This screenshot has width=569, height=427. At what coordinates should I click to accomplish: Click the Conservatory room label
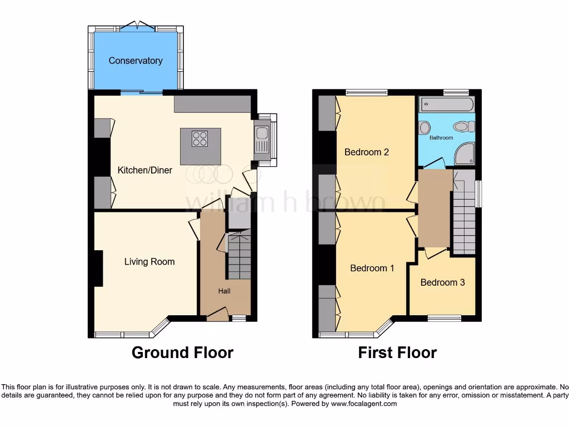coord(136,61)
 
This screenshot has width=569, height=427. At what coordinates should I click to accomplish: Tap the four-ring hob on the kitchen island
coord(200,138)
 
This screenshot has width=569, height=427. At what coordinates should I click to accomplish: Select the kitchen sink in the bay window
coord(261,139)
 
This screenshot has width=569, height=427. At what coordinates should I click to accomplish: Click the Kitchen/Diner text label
coord(144,170)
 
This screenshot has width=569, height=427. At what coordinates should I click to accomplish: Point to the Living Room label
coord(149,261)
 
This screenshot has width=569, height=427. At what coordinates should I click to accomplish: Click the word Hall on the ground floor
coord(224,291)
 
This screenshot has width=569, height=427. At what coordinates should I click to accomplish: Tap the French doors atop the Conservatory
coord(137,26)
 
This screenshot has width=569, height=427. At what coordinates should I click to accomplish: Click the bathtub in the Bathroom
coord(447,103)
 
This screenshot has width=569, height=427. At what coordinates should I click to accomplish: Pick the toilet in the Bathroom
coord(425,127)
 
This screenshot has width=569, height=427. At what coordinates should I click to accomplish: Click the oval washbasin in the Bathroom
coord(462,126)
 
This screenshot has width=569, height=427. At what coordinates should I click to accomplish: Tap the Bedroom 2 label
coord(366,152)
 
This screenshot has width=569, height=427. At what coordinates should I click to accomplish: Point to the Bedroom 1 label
coord(372,268)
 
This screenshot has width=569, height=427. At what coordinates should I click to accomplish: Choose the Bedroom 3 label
coord(442,282)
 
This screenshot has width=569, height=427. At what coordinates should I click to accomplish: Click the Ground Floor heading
coord(182,352)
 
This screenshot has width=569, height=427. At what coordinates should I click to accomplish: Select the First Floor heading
coord(397,352)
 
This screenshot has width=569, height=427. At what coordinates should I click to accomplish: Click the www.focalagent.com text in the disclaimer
coord(364,404)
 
